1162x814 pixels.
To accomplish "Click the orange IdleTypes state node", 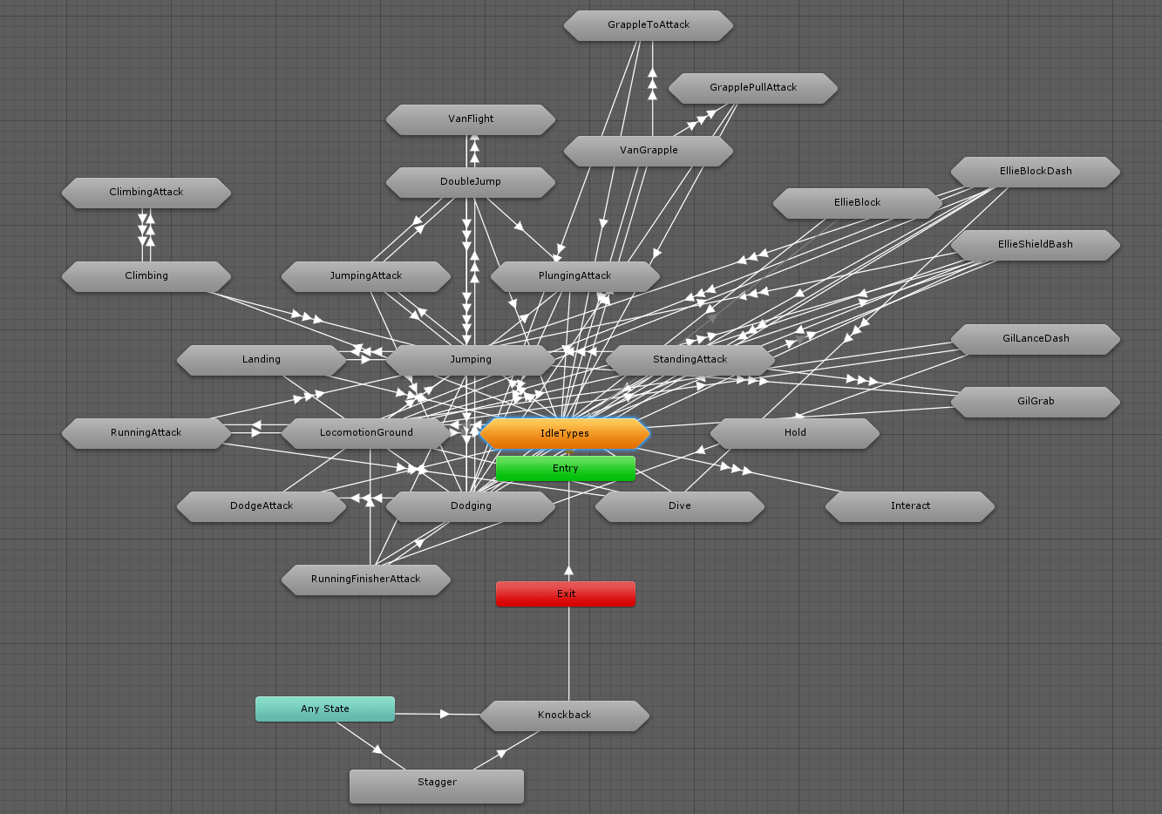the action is pyautogui.click(x=565, y=433).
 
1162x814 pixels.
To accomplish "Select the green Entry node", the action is pyautogui.click(x=565, y=468).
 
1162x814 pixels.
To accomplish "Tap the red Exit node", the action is pyautogui.click(x=565, y=594).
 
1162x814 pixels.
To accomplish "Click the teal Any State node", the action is pyautogui.click(x=324, y=709).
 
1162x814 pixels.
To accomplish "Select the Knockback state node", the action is pyautogui.click(x=564, y=715).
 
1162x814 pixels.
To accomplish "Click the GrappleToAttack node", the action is pyautogui.click(x=648, y=25).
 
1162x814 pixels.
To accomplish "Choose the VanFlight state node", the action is pyautogui.click(x=470, y=119).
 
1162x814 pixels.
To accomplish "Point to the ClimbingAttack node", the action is pyautogui.click(x=146, y=193).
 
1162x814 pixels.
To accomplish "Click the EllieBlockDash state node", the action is pyautogui.click(x=1035, y=172).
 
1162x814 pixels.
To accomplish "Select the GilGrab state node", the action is pyautogui.click(x=1035, y=402).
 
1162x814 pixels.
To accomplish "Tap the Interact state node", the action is pyautogui.click(x=909, y=506).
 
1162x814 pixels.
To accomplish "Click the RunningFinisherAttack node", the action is pyautogui.click(x=365, y=580).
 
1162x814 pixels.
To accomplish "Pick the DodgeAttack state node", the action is pyautogui.click(x=261, y=506).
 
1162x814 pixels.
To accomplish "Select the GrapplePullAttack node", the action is pyautogui.click(x=752, y=88).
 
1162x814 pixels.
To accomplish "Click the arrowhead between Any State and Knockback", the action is pyautogui.click(x=445, y=714).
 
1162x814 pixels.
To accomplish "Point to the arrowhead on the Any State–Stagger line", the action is pyautogui.click(x=377, y=749).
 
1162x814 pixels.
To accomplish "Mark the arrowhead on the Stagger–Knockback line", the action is pyautogui.click(x=500, y=753).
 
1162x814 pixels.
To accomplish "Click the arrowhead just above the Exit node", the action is pyautogui.click(x=568, y=572).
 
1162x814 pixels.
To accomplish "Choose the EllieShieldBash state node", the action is pyautogui.click(x=1035, y=245).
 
